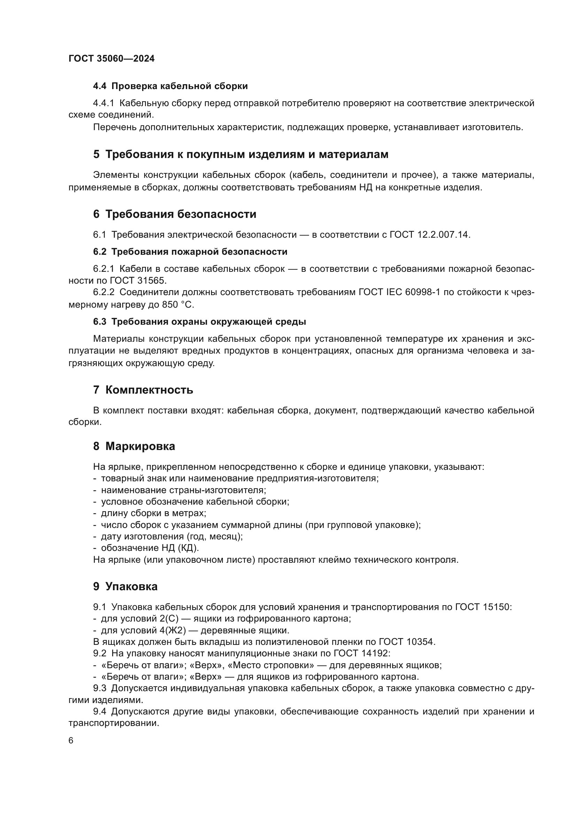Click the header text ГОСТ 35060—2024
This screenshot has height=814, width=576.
coord(111,58)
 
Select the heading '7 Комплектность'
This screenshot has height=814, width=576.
coord(143,390)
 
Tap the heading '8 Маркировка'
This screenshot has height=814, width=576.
coord(134,446)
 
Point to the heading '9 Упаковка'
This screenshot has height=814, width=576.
coord(125,586)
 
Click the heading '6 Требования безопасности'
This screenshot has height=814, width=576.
coord(174,214)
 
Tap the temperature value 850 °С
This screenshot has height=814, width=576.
coord(178,305)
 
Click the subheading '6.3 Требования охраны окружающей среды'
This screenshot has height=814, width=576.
coord(199,322)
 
